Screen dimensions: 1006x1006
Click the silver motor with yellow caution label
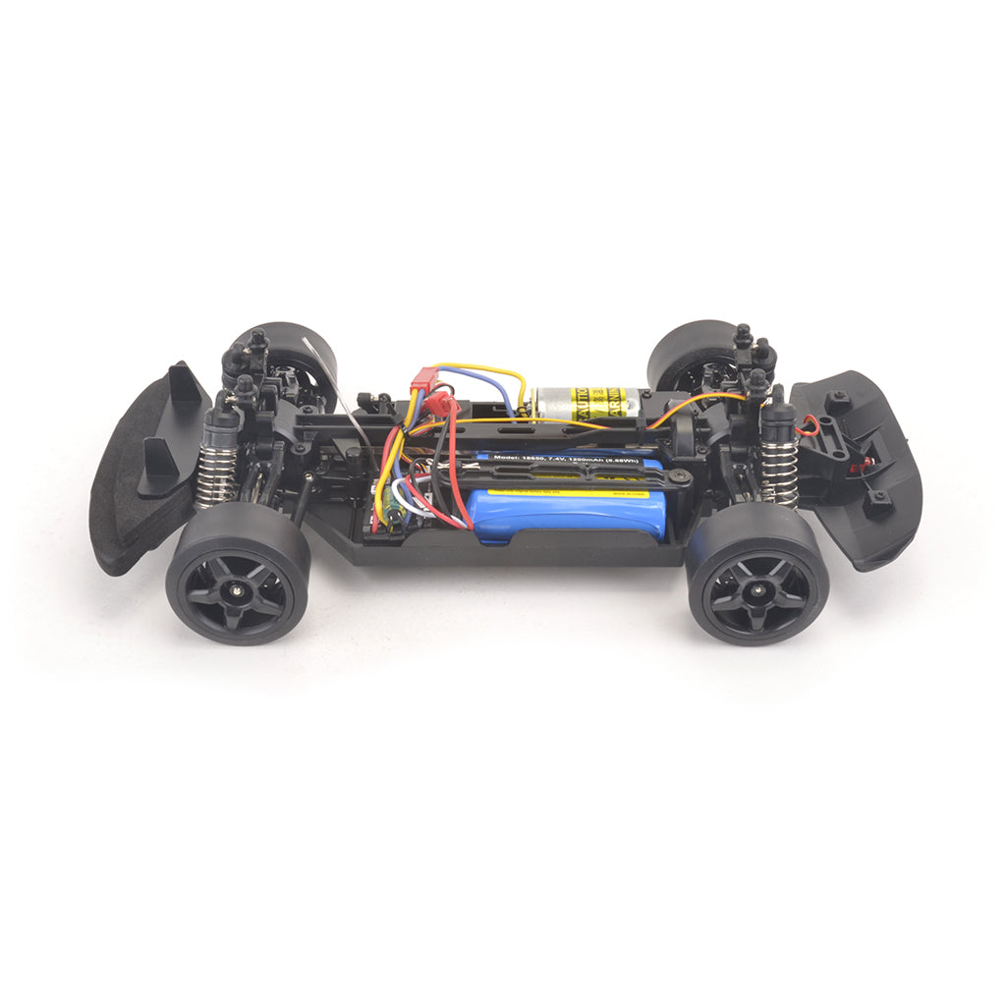point(586,404)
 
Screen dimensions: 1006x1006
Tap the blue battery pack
point(565,513)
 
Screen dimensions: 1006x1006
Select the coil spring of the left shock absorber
point(215,476)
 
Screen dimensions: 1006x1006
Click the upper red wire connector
point(423,379)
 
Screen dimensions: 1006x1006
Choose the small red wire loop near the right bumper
point(808,425)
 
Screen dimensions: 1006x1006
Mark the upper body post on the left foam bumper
point(183,384)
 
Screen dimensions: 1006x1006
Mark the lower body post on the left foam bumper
point(158,466)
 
